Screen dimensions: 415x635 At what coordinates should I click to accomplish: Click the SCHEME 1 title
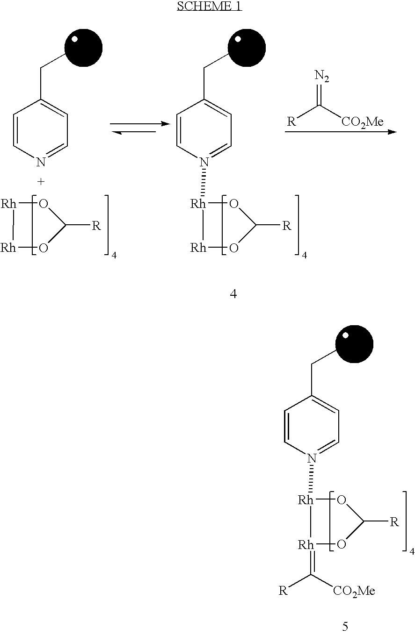pyautogui.click(x=210, y=6)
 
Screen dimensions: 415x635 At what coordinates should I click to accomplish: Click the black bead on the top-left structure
pyautogui.click(x=83, y=48)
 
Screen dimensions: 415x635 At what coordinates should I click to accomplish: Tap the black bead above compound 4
pyautogui.click(x=247, y=48)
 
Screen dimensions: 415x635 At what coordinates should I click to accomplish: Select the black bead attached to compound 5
pyautogui.click(x=354, y=344)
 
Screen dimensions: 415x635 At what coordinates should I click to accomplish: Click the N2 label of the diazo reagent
pyautogui.click(x=321, y=76)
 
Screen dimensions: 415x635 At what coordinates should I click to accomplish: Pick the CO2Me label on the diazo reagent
pyautogui.click(x=362, y=122)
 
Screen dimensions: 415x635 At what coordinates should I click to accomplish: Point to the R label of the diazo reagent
pyautogui.click(x=291, y=121)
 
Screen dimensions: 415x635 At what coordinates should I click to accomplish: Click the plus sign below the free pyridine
pyautogui.click(x=41, y=182)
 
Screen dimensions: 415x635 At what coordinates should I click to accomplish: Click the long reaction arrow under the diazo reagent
pyautogui.click(x=341, y=132)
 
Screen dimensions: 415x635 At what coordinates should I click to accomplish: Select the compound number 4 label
pyautogui.click(x=233, y=294)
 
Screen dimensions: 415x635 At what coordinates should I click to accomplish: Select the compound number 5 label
pyautogui.click(x=345, y=626)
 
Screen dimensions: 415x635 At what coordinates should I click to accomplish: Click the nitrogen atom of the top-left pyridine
pyautogui.click(x=41, y=162)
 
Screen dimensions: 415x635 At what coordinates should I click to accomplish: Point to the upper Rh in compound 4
pyautogui.click(x=198, y=204)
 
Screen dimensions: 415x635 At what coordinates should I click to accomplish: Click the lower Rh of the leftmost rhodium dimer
pyautogui.click(x=8, y=248)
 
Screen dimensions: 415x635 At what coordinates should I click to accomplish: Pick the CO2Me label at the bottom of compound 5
pyautogui.click(x=354, y=591)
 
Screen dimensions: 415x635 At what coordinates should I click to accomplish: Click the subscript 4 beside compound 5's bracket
pyautogui.click(x=412, y=551)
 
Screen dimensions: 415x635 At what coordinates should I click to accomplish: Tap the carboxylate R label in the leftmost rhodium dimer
pyautogui.click(x=96, y=226)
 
